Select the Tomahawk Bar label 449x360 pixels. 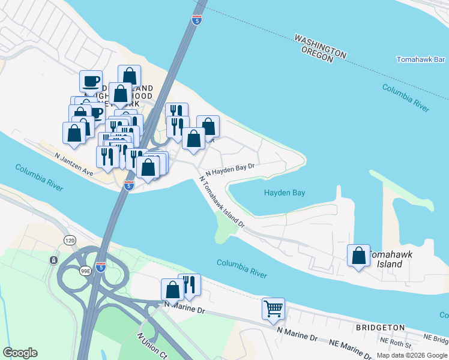click(x=420, y=59)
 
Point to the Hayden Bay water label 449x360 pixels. click(x=285, y=193)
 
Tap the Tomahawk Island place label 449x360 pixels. click(x=394, y=259)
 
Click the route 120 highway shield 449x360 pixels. click(x=70, y=240)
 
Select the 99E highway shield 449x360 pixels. click(x=86, y=271)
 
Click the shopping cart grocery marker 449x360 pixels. click(x=273, y=308)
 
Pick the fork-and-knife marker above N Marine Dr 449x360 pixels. click(x=190, y=284)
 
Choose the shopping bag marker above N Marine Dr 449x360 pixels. click(x=172, y=289)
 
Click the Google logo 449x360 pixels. click(x=20, y=353)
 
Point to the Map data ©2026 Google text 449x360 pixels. click(x=412, y=355)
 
